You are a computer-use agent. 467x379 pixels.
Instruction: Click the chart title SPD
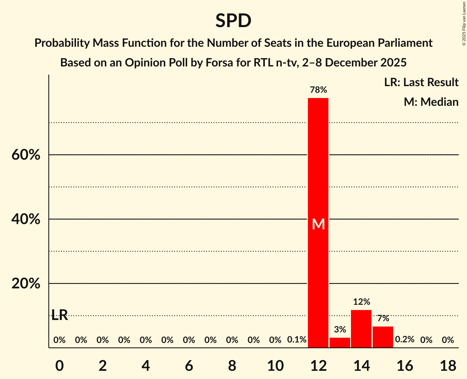click(233, 21)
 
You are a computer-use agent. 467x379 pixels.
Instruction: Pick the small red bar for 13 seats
click(340, 342)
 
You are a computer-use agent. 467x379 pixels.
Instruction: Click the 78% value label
click(318, 90)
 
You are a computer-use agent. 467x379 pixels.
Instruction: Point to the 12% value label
click(361, 302)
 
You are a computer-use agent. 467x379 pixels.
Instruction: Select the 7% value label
click(383, 318)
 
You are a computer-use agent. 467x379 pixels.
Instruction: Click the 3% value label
click(340, 329)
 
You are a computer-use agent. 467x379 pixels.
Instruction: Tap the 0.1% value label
click(297, 340)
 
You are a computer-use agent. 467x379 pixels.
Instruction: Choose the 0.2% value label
click(405, 340)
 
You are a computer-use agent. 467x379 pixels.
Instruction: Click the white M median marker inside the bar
click(318, 224)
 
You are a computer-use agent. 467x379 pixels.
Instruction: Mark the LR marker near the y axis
click(60, 315)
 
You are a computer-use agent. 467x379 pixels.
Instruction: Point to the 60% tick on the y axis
click(26, 155)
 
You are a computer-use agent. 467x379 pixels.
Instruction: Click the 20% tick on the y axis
click(26, 284)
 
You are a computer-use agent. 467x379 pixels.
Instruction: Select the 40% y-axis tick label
click(26, 219)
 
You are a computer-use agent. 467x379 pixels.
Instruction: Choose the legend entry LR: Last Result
click(421, 82)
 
